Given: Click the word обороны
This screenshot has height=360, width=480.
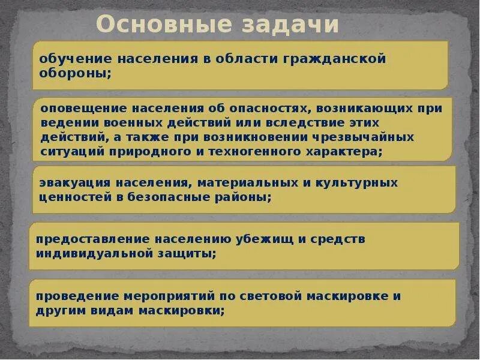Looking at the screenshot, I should click(x=74, y=73).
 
